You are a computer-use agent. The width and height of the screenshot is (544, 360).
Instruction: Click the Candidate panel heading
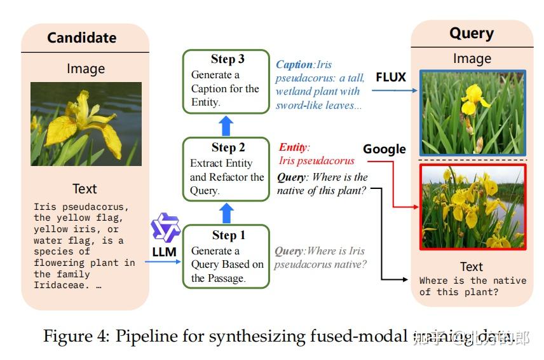click(x=82, y=38)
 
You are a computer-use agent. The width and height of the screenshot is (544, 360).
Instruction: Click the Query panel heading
click(x=471, y=33)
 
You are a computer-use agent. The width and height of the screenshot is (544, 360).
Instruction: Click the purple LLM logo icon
click(x=165, y=228)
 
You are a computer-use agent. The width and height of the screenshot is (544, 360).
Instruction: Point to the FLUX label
click(x=391, y=78)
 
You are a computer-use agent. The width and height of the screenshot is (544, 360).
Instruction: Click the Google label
click(x=384, y=149)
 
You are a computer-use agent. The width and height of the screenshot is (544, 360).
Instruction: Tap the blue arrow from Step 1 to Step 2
click(x=227, y=212)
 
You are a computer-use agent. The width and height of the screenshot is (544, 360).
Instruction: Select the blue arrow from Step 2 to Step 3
click(x=227, y=125)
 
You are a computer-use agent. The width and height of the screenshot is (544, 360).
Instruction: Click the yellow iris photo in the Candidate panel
click(x=86, y=124)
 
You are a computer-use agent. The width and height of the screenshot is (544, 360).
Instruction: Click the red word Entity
click(x=294, y=148)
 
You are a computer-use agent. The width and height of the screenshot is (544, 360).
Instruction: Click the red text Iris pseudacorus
click(x=316, y=161)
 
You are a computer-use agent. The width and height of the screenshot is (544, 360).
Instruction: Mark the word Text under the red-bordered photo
click(x=471, y=267)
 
